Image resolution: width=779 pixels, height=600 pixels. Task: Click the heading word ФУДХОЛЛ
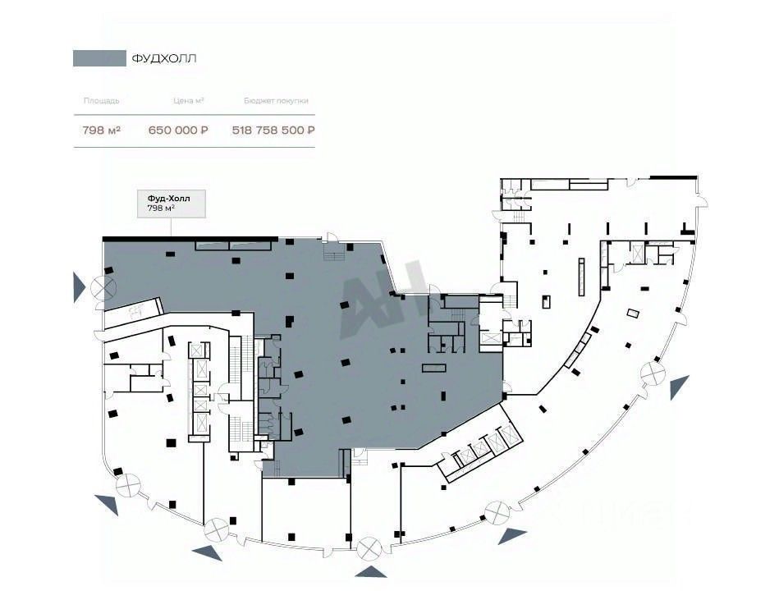click(x=164, y=58)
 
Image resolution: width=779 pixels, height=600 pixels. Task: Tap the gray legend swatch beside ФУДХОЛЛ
click(x=98, y=58)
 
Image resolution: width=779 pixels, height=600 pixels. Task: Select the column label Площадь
click(x=101, y=101)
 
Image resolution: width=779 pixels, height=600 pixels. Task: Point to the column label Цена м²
click(x=188, y=101)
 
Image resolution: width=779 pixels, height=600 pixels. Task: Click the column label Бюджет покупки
click(x=276, y=101)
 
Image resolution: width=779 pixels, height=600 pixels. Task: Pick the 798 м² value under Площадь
click(x=101, y=130)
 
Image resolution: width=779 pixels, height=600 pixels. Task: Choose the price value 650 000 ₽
click(x=178, y=130)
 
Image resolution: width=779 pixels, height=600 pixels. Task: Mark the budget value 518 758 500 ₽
click(x=274, y=130)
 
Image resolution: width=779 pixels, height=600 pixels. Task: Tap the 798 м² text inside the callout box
click(x=161, y=209)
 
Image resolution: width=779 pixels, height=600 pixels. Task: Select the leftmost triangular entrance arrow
click(x=78, y=288)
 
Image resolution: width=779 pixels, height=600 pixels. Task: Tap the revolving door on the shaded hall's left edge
click(x=104, y=287)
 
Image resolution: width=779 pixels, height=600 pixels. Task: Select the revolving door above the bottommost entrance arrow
click(x=369, y=546)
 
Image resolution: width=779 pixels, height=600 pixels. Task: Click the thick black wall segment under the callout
click(x=189, y=239)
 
